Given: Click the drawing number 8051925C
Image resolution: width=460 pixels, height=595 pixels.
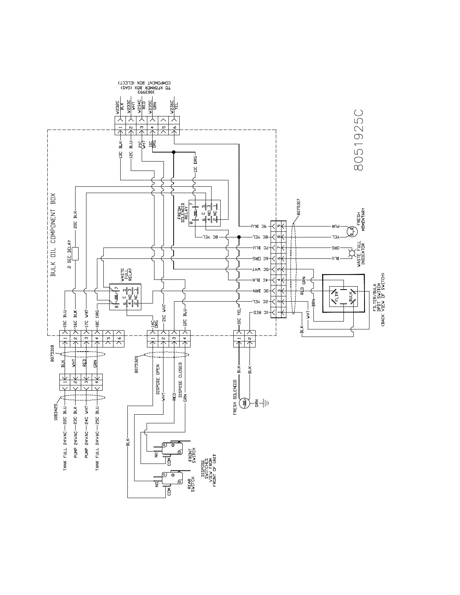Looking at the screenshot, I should (x=359, y=140).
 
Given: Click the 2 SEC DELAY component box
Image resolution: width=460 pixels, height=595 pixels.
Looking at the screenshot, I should (x=75, y=254).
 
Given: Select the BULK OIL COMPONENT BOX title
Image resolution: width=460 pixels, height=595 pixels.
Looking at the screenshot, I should (x=53, y=235).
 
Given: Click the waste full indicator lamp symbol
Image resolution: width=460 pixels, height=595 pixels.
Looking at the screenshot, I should (x=352, y=253).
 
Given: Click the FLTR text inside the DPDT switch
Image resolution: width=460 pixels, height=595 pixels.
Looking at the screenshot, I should (x=336, y=296).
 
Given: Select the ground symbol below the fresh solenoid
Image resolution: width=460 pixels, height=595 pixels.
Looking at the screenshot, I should (x=266, y=403).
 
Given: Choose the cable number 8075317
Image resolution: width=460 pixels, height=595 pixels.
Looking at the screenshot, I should (x=298, y=206).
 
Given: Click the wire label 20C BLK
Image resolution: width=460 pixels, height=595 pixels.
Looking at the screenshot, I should (x=75, y=222).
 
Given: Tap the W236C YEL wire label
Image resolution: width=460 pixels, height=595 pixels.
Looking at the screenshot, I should (x=174, y=106).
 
